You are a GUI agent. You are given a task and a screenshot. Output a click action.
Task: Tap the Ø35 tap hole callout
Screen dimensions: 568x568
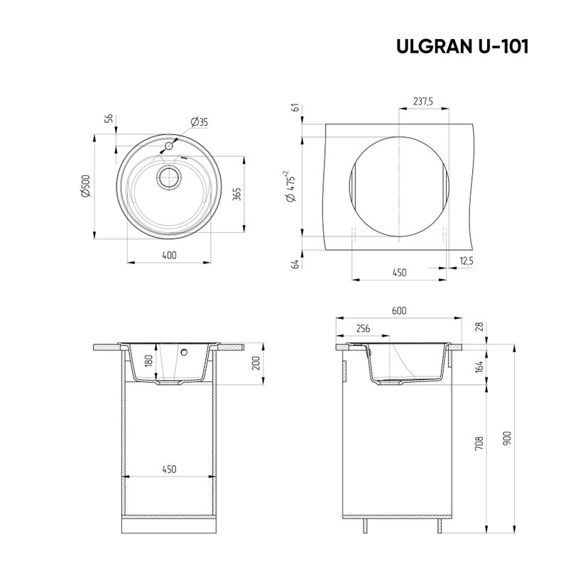200,123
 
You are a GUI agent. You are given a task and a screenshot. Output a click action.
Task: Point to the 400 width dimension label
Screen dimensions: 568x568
169,255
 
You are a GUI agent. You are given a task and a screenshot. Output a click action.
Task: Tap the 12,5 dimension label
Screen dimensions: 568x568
466,261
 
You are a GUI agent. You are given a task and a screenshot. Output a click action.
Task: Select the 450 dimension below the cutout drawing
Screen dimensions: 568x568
400,272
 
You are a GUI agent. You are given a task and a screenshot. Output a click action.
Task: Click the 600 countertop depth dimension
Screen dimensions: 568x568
399,311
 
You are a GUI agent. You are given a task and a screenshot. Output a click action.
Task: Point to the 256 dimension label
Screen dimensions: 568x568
362,328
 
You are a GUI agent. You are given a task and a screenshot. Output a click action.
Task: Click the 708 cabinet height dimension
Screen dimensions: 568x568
480,444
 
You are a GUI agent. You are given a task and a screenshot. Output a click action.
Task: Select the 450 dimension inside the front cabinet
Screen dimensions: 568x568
169,469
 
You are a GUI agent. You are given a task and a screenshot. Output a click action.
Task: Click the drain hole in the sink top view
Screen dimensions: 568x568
169,177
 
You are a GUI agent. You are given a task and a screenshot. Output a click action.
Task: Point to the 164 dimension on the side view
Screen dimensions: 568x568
480,367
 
